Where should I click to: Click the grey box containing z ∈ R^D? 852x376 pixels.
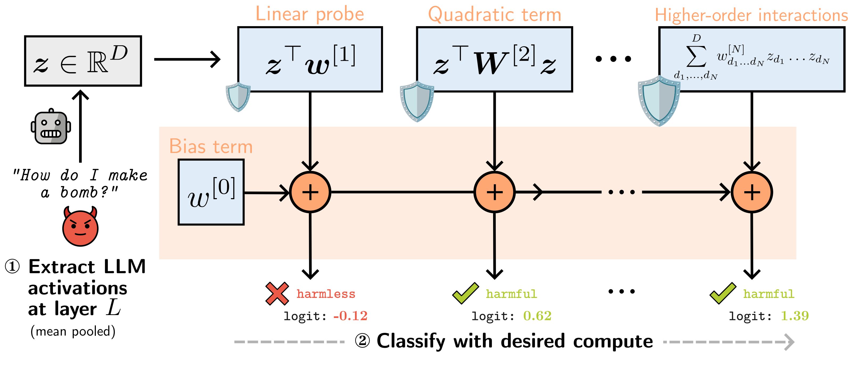[x=83, y=61]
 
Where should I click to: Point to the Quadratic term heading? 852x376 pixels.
[x=494, y=15]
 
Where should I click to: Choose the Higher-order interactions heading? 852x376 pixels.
[x=751, y=15]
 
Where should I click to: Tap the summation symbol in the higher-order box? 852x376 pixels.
[x=696, y=56]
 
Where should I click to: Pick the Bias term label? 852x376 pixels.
[x=211, y=146]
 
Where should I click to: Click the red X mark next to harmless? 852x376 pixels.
[x=277, y=293]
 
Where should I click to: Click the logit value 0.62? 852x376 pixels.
[x=537, y=316]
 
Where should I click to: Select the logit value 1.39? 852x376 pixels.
[x=794, y=316]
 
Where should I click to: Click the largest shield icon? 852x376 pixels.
[x=659, y=101]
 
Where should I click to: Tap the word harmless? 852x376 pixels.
[x=326, y=294]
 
